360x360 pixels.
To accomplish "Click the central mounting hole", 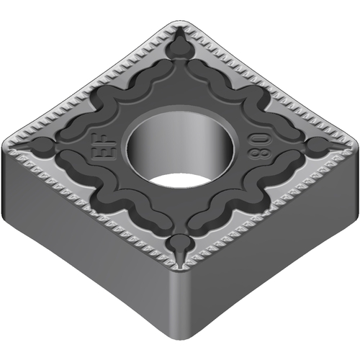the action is pos(180,150).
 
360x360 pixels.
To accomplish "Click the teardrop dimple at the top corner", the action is pos(181,46).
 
